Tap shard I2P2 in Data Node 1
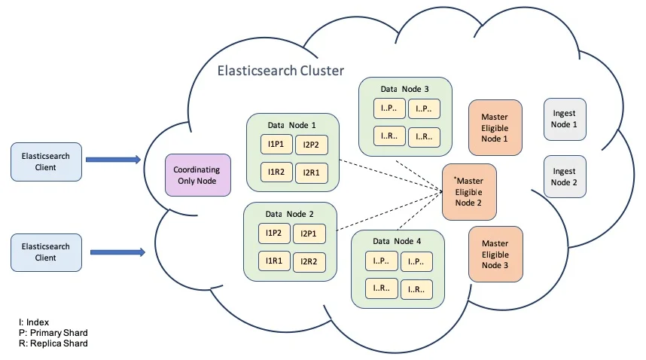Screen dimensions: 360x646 tap(310, 145)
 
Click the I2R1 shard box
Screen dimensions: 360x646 tap(310, 172)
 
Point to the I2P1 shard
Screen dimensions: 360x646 tap(308, 233)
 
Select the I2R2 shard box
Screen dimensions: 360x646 tap(308, 261)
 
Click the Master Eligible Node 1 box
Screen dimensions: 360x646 tap(495, 127)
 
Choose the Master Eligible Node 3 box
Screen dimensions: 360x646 tap(495, 254)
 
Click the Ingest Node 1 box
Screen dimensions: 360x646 tap(564, 119)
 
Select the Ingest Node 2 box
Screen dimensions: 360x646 tap(564, 177)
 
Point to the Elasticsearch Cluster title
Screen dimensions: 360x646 tap(280, 71)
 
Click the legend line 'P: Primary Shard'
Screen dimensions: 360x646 tap(53, 332)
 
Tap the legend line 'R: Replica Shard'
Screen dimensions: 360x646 tap(53, 343)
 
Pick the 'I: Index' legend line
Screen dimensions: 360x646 tap(34, 322)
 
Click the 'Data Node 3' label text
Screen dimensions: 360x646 tap(404, 89)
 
